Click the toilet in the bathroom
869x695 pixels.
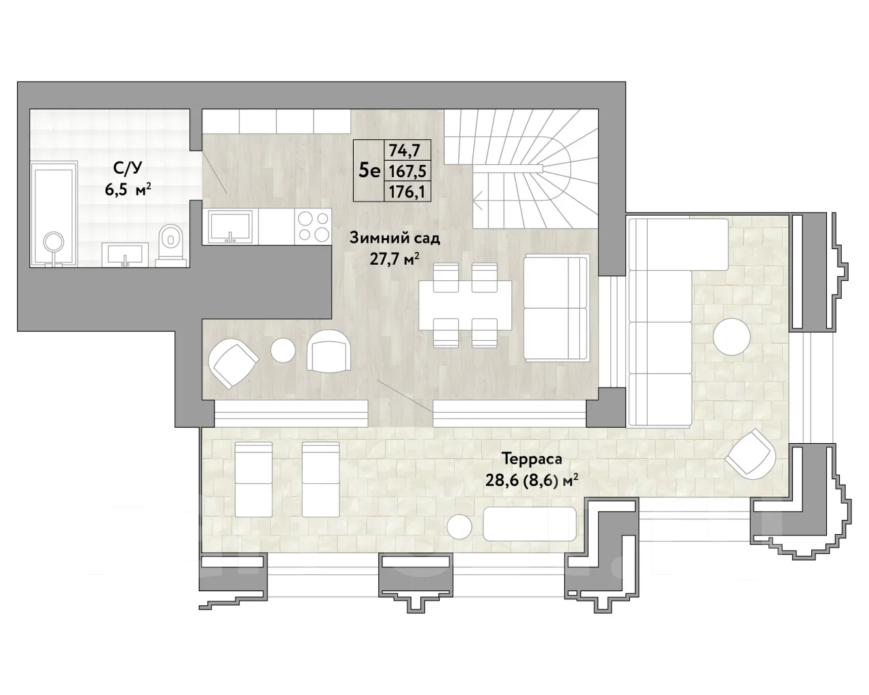[x=171, y=245]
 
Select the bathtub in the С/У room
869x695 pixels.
[x=54, y=214]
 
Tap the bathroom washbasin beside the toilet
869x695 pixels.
[x=125, y=255]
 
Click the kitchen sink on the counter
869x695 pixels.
[x=230, y=227]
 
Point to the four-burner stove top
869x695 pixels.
[x=313, y=227]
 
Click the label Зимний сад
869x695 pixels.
[x=394, y=238]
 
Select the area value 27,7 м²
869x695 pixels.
[x=394, y=259]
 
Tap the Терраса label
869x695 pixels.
[x=532, y=459]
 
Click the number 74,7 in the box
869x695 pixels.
[x=404, y=150]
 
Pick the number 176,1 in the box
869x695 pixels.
[x=407, y=192]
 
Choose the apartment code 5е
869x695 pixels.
[x=369, y=171]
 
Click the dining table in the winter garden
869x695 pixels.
[x=465, y=305]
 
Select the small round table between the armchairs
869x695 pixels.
[x=282, y=350]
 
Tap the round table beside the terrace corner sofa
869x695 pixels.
[x=731, y=337]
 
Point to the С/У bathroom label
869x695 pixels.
[x=128, y=168]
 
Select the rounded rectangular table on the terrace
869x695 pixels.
[x=530, y=524]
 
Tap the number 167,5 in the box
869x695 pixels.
[x=407, y=171]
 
